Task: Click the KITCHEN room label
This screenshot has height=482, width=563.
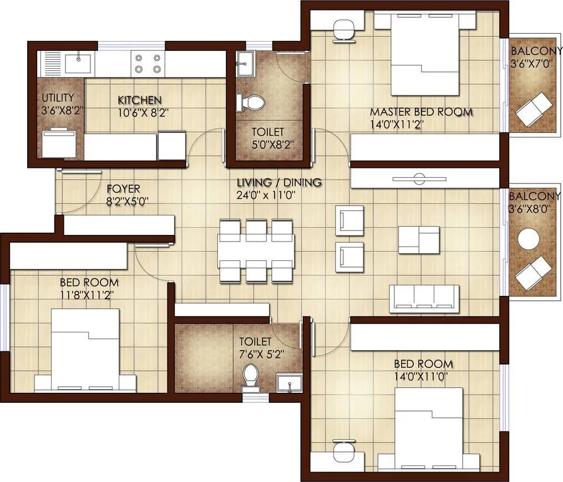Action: (x=140, y=100)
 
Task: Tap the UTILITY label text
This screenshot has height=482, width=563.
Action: (x=58, y=98)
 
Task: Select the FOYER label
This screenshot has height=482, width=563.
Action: (x=123, y=189)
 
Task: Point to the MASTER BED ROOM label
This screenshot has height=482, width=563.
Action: (x=421, y=112)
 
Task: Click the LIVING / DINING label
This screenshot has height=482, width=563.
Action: (x=279, y=182)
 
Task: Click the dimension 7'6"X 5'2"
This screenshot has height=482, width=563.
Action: (x=261, y=355)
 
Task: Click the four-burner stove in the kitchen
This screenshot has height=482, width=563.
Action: (x=146, y=63)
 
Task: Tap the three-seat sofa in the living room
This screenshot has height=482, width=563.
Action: (x=424, y=297)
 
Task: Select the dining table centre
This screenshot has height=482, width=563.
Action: (x=256, y=250)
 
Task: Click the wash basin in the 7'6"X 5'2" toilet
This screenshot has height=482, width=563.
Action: (x=288, y=382)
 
